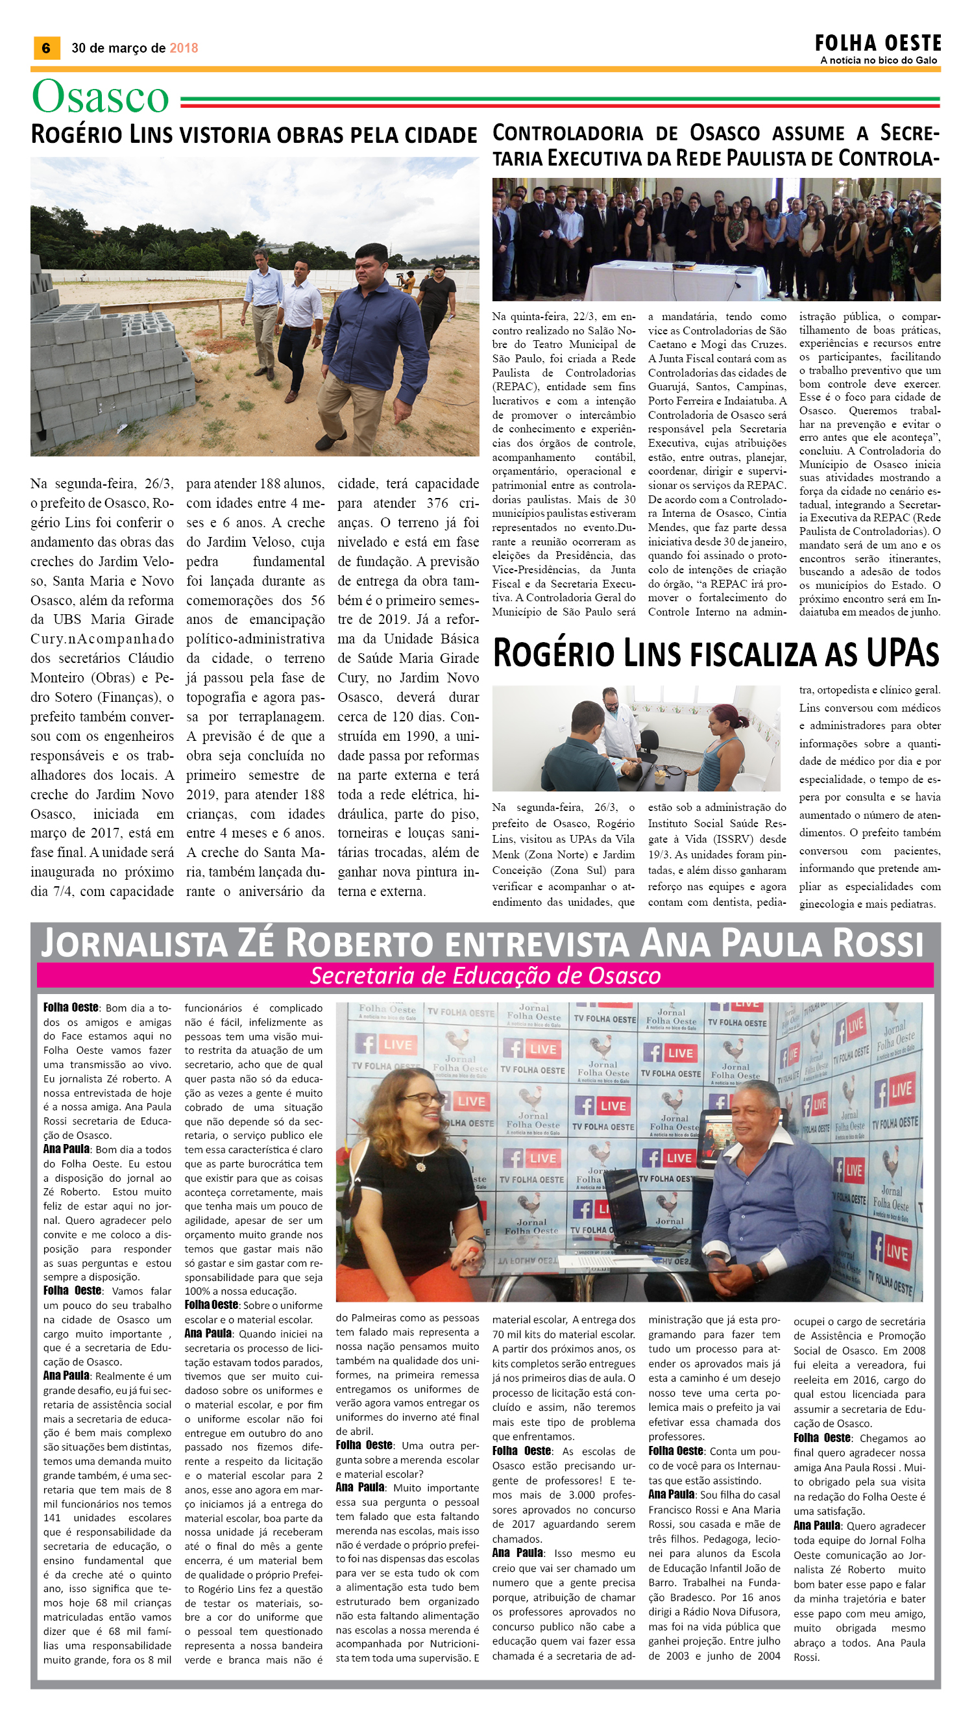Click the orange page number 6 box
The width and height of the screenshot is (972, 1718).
pos(46,48)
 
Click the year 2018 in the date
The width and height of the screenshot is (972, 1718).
pos(184,48)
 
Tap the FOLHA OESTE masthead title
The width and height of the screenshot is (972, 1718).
pos(877,44)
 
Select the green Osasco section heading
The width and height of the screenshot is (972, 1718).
pos(101,97)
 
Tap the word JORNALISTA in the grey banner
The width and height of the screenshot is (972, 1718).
pos(134,943)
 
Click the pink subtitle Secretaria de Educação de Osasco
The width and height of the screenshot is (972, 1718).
pos(485,976)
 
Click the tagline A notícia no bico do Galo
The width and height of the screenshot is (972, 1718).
pos(879,60)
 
